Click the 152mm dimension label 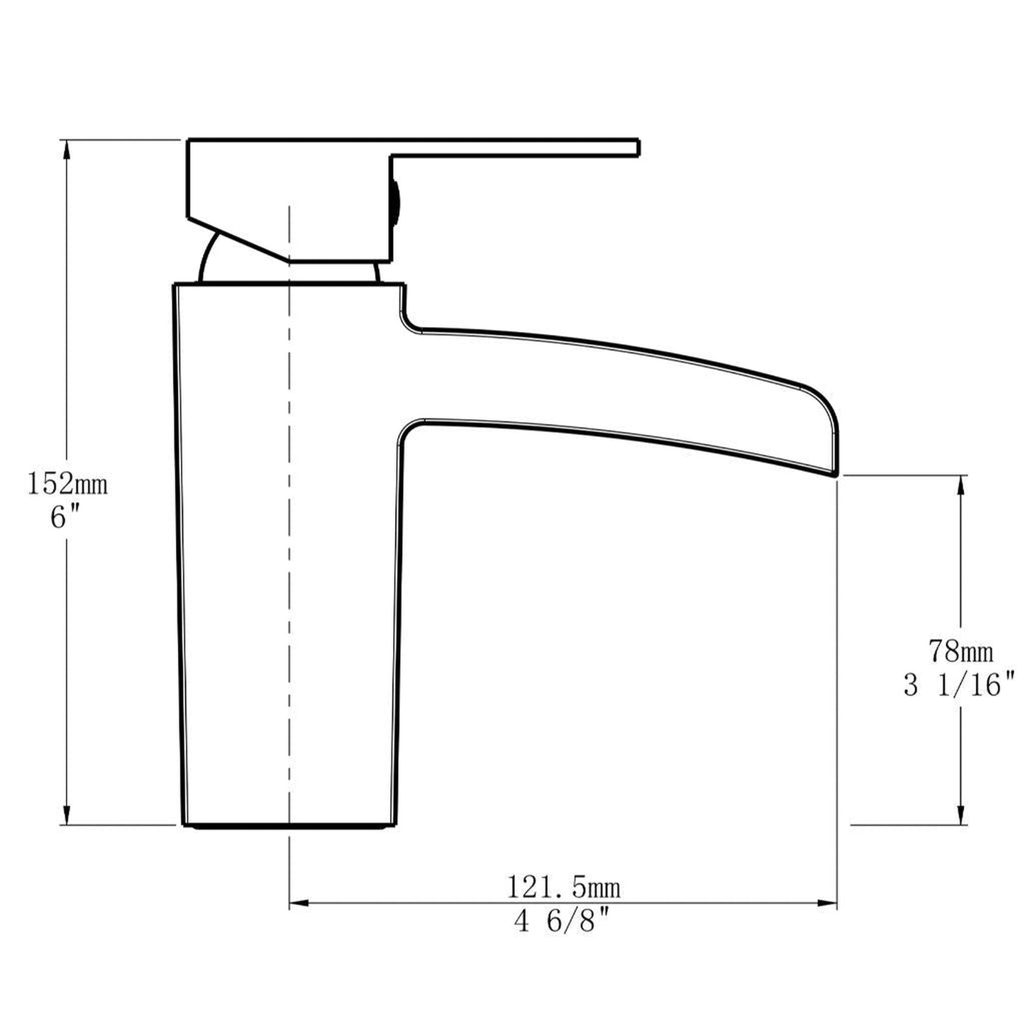click(x=67, y=484)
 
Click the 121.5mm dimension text click(x=563, y=887)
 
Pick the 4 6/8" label click(x=563, y=922)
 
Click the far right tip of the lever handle click(x=638, y=147)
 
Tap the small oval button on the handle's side click(x=395, y=202)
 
